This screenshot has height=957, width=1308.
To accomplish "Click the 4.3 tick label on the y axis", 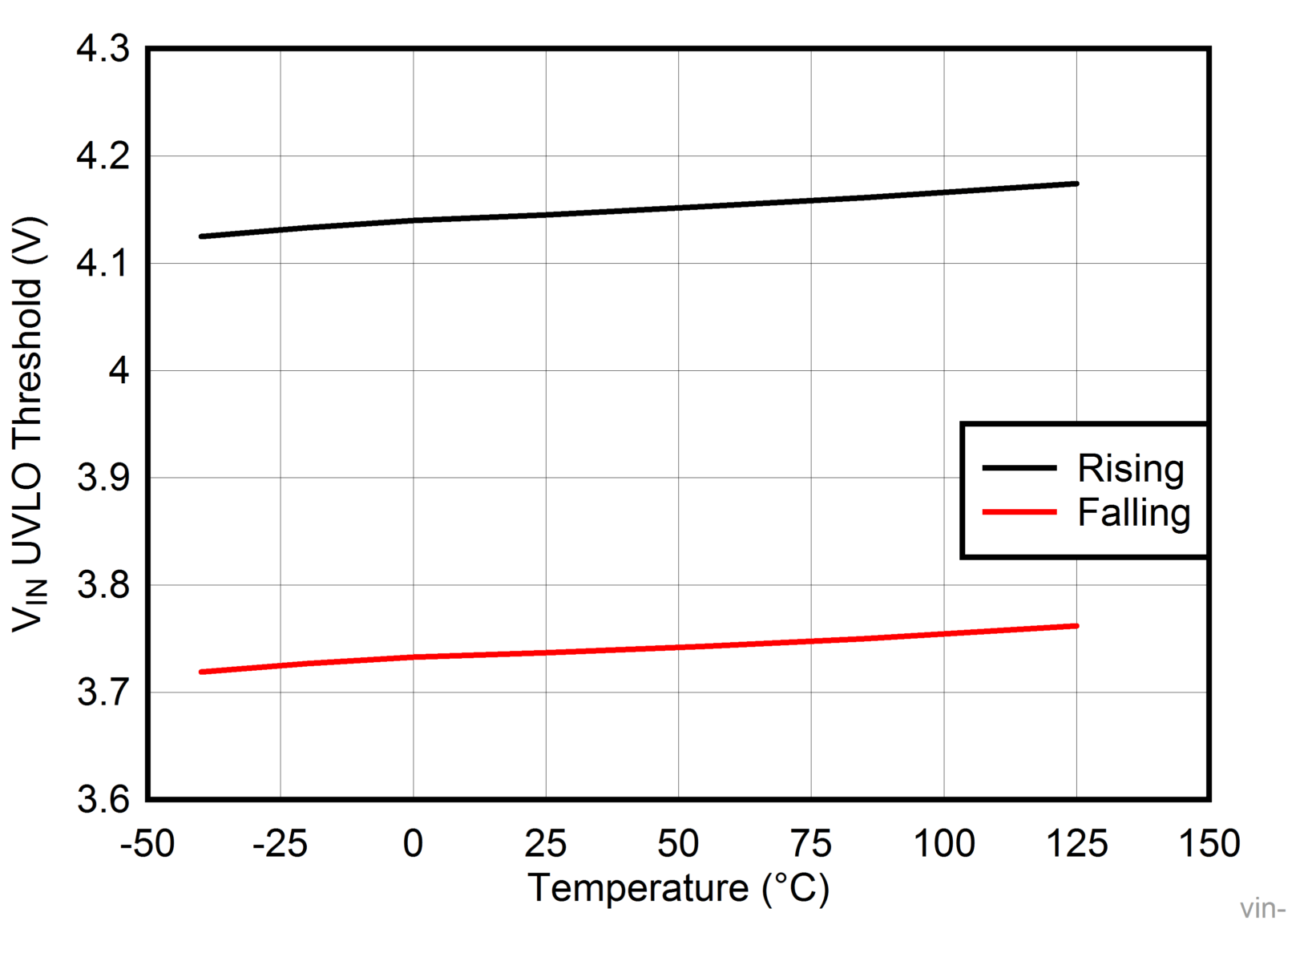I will pyautogui.click(x=103, y=50).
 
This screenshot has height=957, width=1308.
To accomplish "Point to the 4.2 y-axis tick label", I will pyautogui.click(x=103, y=156).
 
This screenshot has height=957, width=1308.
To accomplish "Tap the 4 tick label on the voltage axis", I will pyautogui.click(x=119, y=371).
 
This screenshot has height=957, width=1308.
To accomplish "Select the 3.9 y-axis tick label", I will pyautogui.click(x=103, y=478).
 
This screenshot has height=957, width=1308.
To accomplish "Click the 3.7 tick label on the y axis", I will pyautogui.click(x=103, y=693).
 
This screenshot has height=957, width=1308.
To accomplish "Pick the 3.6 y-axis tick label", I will pyautogui.click(x=103, y=800).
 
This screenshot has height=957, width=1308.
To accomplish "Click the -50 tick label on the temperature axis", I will pyautogui.click(x=147, y=844).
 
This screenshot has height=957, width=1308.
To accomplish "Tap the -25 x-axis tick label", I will pyautogui.click(x=280, y=844).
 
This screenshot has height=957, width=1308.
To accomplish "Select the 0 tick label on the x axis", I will pyautogui.click(x=413, y=844).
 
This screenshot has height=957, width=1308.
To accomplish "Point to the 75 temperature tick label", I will pyautogui.click(x=811, y=844).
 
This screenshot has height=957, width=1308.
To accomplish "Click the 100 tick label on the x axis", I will pyautogui.click(x=944, y=844).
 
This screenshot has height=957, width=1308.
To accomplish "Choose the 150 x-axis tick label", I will pyautogui.click(x=1209, y=844).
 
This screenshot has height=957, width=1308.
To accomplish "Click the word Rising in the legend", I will pyautogui.click(x=1130, y=469).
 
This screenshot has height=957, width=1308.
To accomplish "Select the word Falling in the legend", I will pyautogui.click(x=1133, y=513).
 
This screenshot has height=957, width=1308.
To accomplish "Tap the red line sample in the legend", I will pyautogui.click(x=1019, y=512).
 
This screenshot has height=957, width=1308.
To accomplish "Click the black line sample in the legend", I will pyautogui.click(x=1019, y=467).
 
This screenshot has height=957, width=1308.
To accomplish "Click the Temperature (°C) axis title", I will pyautogui.click(x=678, y=889).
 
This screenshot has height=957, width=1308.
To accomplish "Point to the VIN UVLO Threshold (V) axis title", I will pyautogui.click(x=30, y=425).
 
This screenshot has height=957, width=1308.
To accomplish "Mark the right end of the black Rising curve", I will pyautogui.click(x=1076, y=184).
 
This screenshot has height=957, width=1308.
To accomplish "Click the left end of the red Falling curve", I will pyautogui.click(x=201, y=672).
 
